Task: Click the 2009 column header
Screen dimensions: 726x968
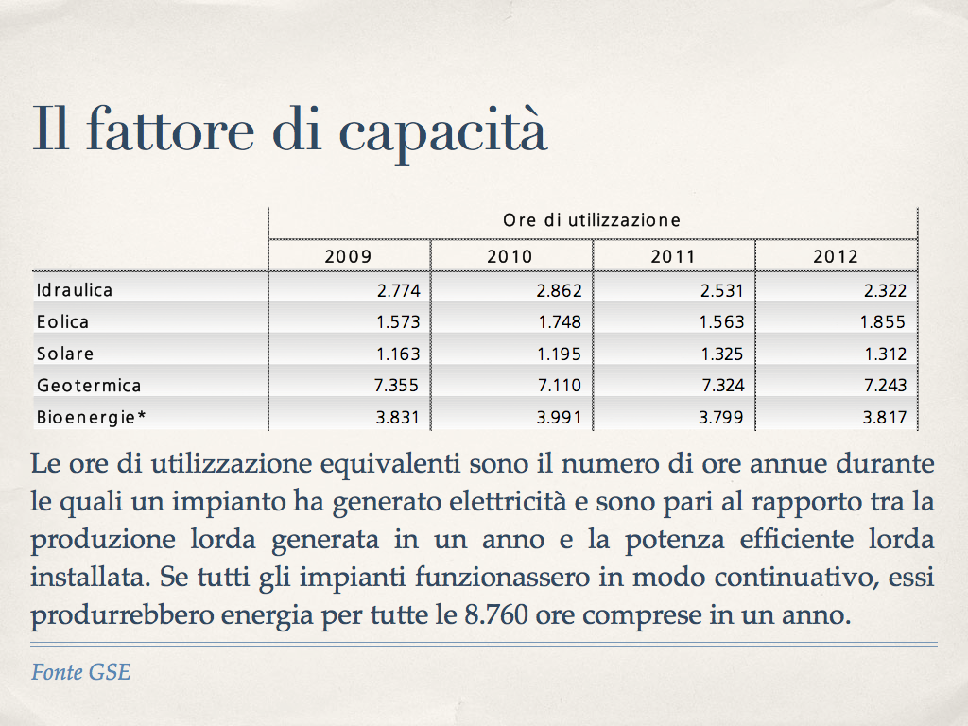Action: point(349,256)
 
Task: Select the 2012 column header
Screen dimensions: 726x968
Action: point(836,256)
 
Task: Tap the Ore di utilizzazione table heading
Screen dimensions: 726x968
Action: point(592,220)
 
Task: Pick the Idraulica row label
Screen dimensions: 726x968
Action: point(75,289)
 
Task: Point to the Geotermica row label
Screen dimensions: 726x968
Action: point(89,386)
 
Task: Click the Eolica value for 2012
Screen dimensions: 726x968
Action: point(883,321)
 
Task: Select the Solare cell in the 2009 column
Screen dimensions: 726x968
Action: point(397,354)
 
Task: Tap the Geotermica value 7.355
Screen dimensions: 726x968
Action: point(397,386)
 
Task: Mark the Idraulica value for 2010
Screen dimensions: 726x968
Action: point(560,290)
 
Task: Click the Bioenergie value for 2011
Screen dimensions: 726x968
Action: point(722,417)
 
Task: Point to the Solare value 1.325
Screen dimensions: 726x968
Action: point(722,354)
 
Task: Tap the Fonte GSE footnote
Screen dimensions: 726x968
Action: point(80,672)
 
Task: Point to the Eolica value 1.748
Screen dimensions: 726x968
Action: point(560,321)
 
